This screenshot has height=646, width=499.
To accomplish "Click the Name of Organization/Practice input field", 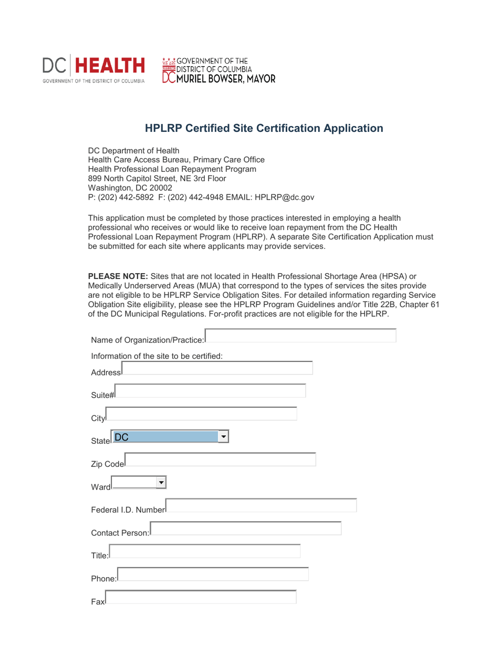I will [x=300, y=336].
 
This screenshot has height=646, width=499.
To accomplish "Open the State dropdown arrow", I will [x=224, y=437].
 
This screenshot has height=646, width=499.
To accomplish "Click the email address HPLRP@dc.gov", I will [x=284, y=197].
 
